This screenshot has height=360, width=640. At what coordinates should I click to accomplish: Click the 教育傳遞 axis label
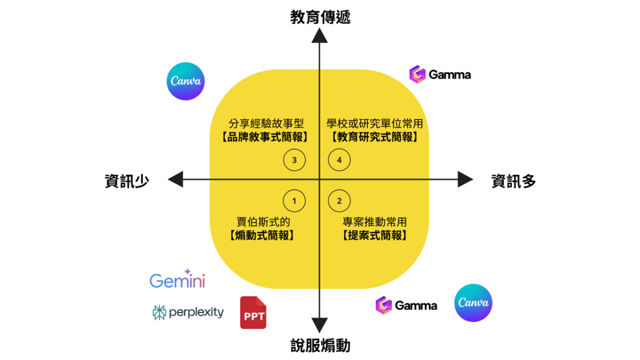[x=320, y=18]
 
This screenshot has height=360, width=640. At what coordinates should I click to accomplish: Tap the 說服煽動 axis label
[x=320, y=346]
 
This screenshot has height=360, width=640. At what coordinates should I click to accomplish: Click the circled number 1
[x=294, y=201]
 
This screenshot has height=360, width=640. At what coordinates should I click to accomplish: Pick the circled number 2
[x=339, y=201]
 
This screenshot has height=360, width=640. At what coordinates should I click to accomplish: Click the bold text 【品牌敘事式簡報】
[x=264, y=137]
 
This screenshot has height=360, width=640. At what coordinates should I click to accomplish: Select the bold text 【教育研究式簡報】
[x=374, y=137]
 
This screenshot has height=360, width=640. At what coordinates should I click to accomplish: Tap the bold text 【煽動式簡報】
[x=263, y=235]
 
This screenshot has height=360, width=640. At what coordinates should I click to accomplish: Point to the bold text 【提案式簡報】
[x=374, y=235]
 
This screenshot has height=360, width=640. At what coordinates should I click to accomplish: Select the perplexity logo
[x=188, y=313]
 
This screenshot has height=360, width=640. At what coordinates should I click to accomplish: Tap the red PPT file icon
[x=253, y=313]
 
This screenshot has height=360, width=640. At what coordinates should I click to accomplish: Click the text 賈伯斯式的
[x=263, y=221]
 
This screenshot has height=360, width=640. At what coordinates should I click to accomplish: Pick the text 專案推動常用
[x=374, y=221]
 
